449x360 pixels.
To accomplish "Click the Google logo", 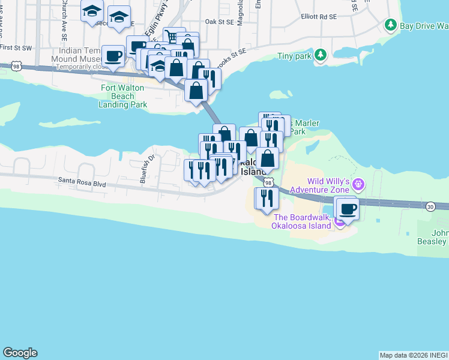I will tap(20, 353).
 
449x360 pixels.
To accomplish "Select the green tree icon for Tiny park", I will tap(321, 55).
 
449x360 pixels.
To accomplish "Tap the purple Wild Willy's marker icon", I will tap(359, 183).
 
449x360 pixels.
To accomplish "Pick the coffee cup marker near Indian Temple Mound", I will tap(113, 56).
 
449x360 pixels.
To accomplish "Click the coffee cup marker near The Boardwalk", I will tap(348, 209).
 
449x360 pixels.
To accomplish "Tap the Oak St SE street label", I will tap(218, 21).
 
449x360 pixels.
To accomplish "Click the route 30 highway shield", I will tap(430, 206).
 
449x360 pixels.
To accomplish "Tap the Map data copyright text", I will tap(413, 355).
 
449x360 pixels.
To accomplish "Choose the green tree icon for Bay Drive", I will tap(391, 25).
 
